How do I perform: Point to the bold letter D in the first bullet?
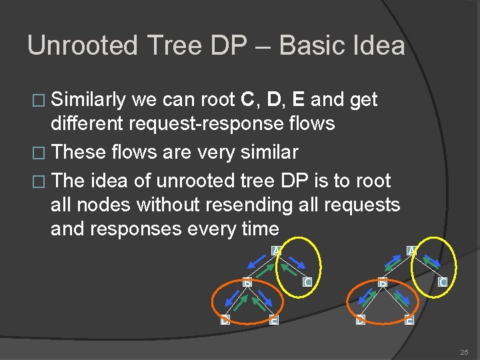(272, 100)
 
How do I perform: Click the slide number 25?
(463, 351)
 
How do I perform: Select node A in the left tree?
(276, 250)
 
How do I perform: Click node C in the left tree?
(306, 282)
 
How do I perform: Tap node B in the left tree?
(246, 282)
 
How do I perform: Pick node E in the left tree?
(273, 319)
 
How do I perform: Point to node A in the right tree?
(411, 250)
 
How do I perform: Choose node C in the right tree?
(442, 282)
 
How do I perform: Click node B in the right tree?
(382, 282)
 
